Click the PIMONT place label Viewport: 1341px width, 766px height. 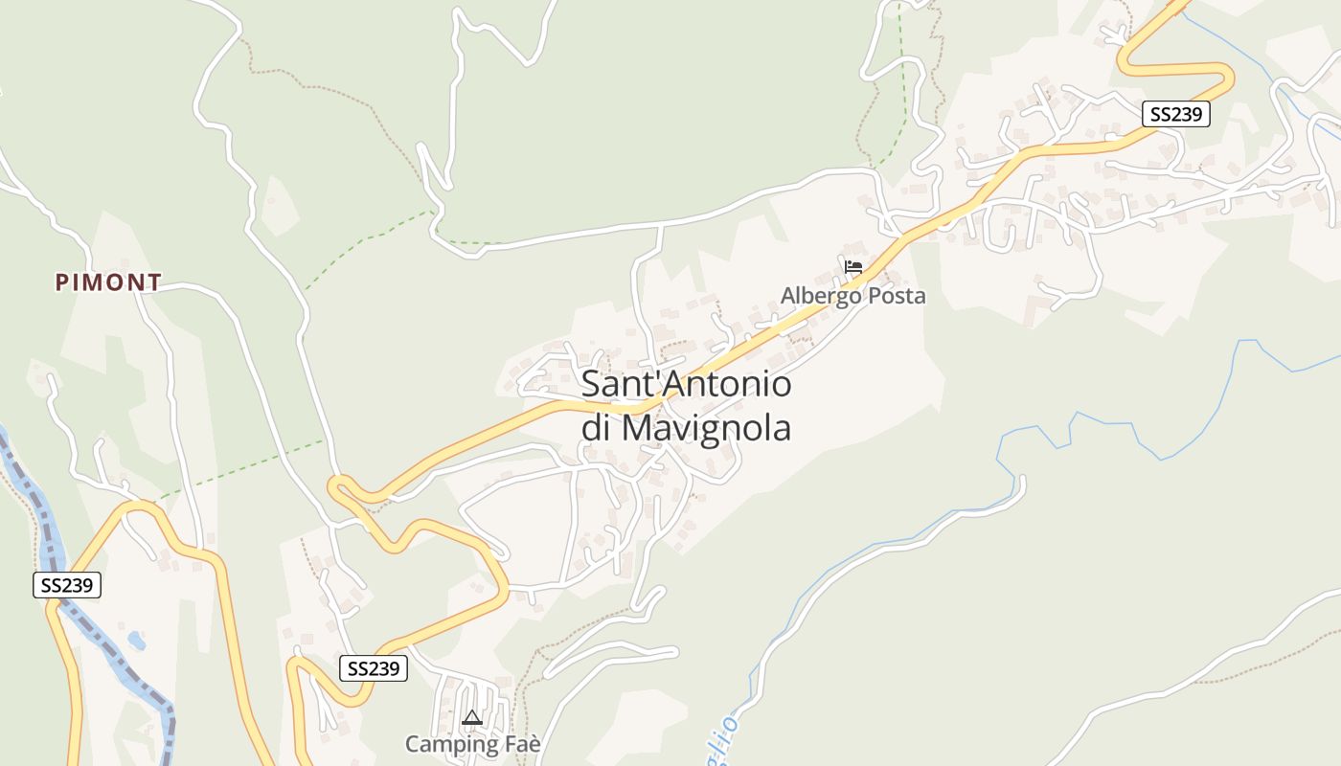coord(108,282)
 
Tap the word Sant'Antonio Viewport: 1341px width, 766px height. coord(687,385)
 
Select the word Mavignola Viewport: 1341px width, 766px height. coord(706,428)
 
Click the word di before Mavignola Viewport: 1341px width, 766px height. coord(596,428)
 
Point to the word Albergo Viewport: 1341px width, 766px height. coord(821,296)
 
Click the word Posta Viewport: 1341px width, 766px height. coord(898,296)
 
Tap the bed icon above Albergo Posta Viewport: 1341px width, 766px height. coord(853,267)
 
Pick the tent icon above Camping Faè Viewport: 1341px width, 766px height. coord(471,717)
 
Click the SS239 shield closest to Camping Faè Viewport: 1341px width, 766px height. coord(373,668)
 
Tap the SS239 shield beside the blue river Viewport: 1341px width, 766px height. coord(67,585)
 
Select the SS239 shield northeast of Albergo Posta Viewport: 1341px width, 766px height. coord(1175,114)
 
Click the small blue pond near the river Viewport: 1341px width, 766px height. coord(136,641)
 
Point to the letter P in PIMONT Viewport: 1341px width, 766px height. coord(62,282)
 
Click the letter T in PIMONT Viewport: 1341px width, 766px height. coord(154,282)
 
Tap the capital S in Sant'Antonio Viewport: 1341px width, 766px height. coord(592,385)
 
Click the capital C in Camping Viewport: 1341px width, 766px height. coord(413,744)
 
